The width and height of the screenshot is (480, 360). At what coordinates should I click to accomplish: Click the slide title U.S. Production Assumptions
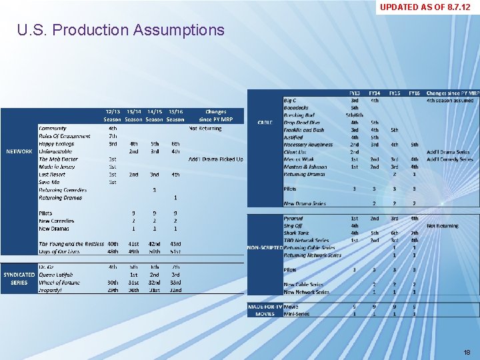(121, 30)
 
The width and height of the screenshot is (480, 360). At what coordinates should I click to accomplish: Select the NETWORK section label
(19, 151)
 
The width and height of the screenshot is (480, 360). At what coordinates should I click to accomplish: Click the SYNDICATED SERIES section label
(19, 279)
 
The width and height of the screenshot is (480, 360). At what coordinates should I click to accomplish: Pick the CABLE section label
(265, 122)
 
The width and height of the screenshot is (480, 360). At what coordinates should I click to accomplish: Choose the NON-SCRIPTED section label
(265, 247)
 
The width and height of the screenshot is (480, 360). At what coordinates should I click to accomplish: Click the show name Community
(53, 128)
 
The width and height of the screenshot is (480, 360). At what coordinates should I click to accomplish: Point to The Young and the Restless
(71, 244)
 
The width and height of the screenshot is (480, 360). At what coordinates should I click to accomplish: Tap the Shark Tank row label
(297, 233)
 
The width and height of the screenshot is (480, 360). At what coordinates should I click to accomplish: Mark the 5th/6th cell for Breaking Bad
(355, 115)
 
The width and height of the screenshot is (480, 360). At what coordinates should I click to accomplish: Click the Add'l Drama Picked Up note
(215, 159)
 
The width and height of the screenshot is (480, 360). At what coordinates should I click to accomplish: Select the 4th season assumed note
(450, 100)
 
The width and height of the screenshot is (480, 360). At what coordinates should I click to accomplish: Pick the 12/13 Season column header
(113, 115)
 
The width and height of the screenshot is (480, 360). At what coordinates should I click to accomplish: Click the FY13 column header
(355, 93)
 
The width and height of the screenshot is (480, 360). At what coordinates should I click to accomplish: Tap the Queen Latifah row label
(56, 275)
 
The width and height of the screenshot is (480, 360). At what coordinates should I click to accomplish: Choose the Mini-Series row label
(297, 313)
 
